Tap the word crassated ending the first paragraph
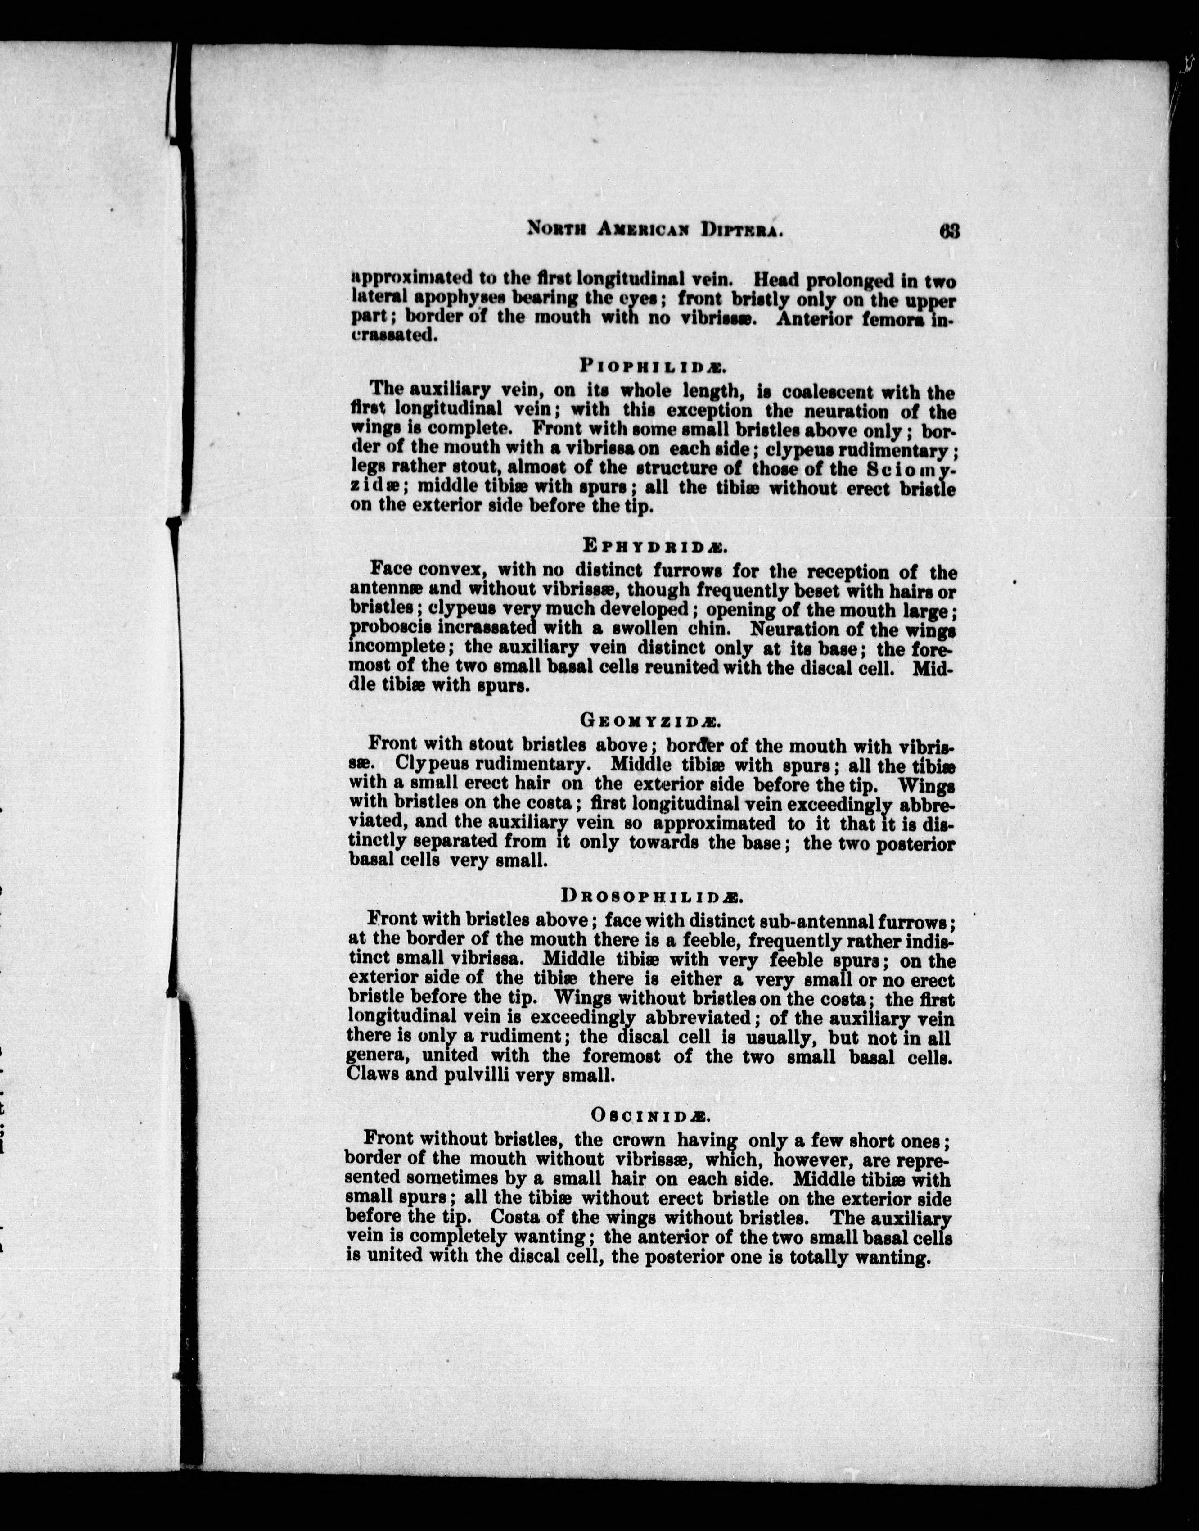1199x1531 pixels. (395, 336)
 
